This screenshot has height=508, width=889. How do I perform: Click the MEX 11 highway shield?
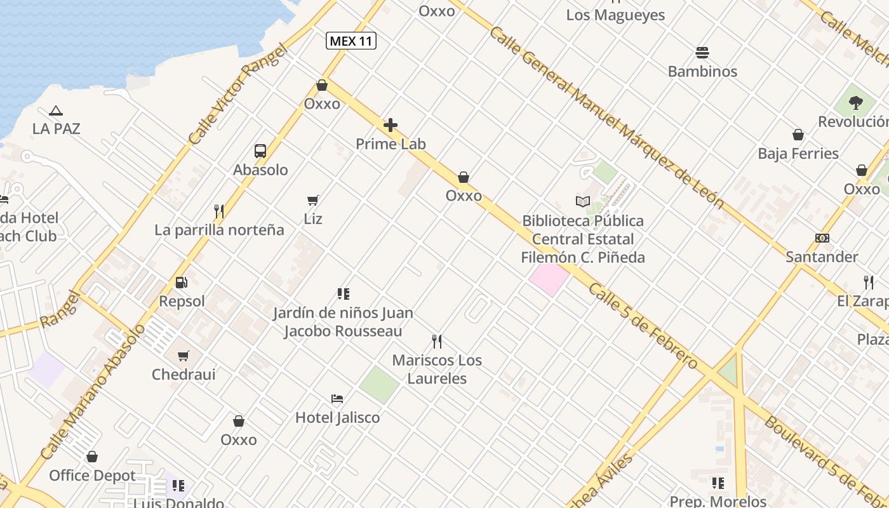point(351,41)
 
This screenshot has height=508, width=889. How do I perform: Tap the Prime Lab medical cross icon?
point(391,125)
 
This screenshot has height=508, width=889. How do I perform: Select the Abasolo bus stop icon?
point(260,151)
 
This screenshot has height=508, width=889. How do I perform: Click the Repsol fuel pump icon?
point(182,283)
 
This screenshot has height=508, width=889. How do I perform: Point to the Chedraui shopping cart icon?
point(184,356)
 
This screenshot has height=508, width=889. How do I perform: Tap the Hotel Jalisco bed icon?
point(337,399)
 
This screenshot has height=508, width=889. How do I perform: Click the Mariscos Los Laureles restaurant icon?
point(437,342)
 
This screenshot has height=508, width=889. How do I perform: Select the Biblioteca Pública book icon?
point(583,202)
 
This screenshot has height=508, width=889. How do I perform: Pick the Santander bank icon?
point(822,238)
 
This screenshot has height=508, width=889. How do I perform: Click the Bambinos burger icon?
point(702,52)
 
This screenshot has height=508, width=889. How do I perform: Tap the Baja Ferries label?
point(798,154)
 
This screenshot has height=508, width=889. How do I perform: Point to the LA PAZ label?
point(57,129)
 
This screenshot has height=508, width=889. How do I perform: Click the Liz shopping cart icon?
point(313,201)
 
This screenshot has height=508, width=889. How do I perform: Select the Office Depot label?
point(93,476)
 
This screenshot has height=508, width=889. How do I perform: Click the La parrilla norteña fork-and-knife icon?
point(219,211)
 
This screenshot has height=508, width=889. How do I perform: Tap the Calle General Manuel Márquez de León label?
point(606,117)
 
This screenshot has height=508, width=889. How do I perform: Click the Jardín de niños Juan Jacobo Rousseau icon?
point(344,294)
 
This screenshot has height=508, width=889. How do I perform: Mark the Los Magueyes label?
point(615,15)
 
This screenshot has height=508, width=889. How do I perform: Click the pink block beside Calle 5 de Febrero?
point(549,278)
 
